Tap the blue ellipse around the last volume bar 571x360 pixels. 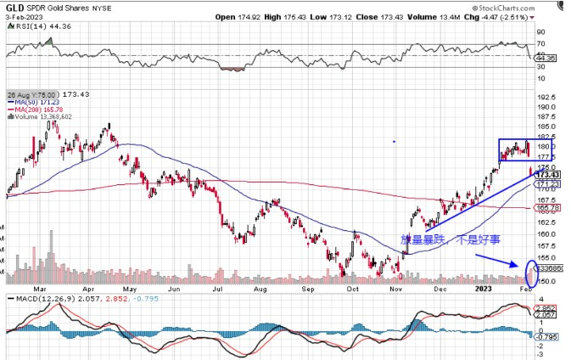[533, 273]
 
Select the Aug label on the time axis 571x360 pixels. [260, 288]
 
